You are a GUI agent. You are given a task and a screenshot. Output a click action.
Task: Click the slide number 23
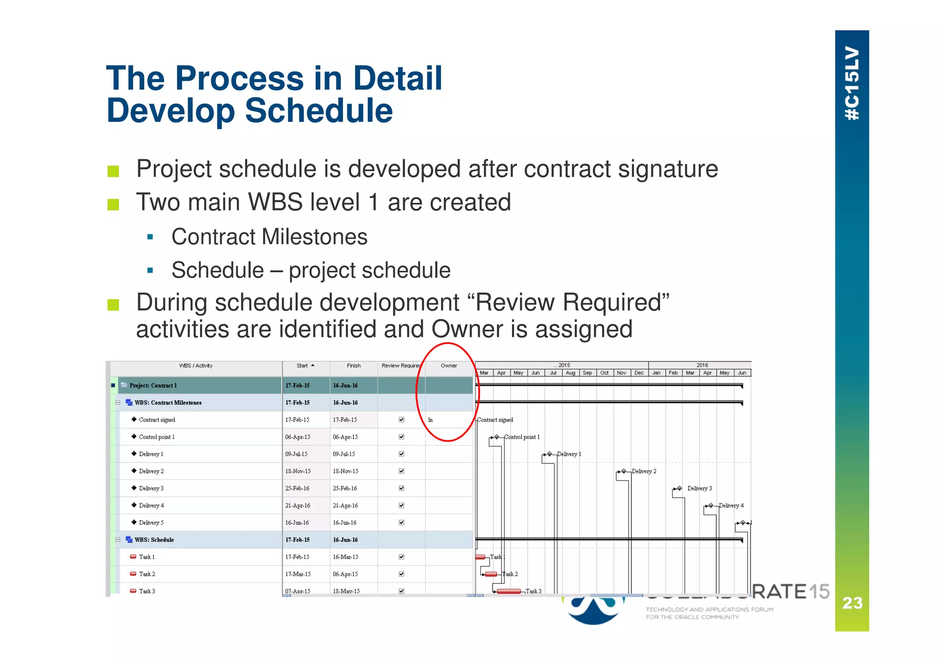(852, 603)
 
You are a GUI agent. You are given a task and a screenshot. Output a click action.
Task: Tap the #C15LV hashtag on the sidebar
(852, 83)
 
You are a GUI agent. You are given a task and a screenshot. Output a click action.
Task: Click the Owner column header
(448, 366)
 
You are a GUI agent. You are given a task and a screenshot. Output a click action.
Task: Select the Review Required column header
(401, 366)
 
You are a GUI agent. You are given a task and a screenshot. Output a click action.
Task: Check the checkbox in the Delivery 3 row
(401, 488)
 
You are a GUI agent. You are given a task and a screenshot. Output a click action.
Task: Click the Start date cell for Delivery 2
(298, 471)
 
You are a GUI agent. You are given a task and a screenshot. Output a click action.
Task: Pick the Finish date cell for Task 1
(345, 557)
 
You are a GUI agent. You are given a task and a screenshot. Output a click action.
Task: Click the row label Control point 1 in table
(156, 437)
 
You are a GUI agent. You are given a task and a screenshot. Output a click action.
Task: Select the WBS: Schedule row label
(154, 540)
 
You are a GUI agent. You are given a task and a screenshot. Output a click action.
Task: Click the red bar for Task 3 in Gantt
(508, 591)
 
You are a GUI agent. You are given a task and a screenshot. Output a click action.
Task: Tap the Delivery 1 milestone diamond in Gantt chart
(549, 454)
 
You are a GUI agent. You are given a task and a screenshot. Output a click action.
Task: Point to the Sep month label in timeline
(587, 373)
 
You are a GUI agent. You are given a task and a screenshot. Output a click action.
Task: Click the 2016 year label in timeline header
(702, 365)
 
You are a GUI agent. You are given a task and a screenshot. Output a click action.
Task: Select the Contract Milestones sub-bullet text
(269, 237)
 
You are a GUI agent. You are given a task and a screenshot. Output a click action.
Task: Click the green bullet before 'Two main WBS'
(113, 204)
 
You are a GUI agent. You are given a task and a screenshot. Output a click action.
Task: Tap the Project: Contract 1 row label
(153, 386)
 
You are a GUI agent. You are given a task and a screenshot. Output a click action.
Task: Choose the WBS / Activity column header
(195, 366)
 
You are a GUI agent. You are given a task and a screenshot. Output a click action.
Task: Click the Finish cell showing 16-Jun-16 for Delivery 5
(345, 522)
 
